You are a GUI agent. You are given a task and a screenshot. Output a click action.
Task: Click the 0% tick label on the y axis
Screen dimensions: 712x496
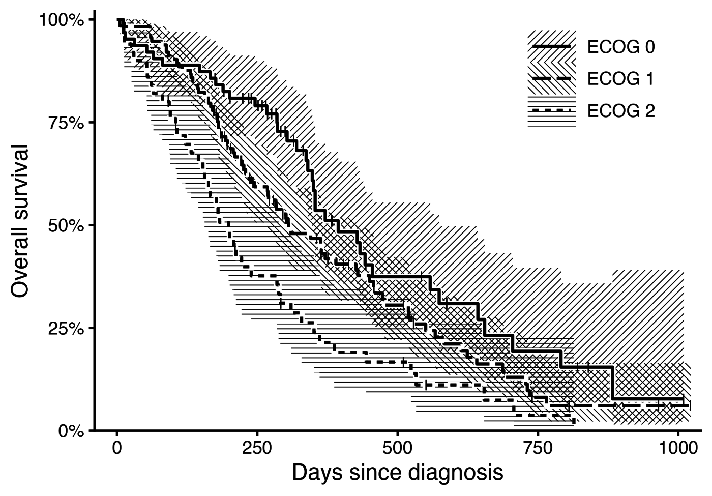tap(71, 431)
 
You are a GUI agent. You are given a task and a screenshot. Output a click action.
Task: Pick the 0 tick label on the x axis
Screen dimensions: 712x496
tap(117, 448)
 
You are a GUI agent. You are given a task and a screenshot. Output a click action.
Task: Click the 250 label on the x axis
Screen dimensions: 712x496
tap(257, 448)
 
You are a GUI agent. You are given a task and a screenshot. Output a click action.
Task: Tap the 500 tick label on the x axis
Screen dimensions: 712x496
tap(397, 448)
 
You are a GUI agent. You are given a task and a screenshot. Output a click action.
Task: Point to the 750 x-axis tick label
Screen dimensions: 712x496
tap(538, 448)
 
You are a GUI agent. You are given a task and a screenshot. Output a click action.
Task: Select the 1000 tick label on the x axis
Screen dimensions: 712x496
tap(678, 448)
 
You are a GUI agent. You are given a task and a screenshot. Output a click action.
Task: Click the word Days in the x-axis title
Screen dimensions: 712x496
tap(317, 473)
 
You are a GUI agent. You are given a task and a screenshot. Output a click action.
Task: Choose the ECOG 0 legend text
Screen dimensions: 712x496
tap(621, 47)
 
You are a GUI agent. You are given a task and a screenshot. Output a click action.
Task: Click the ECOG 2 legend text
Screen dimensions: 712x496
tap(621, 111)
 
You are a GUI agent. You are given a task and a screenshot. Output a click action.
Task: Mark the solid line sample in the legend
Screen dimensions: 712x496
tap(551, 47)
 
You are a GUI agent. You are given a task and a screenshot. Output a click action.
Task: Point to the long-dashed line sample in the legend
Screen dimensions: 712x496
tap(551, 78)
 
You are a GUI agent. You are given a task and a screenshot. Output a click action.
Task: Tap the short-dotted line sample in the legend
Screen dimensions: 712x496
tap(551, 110)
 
